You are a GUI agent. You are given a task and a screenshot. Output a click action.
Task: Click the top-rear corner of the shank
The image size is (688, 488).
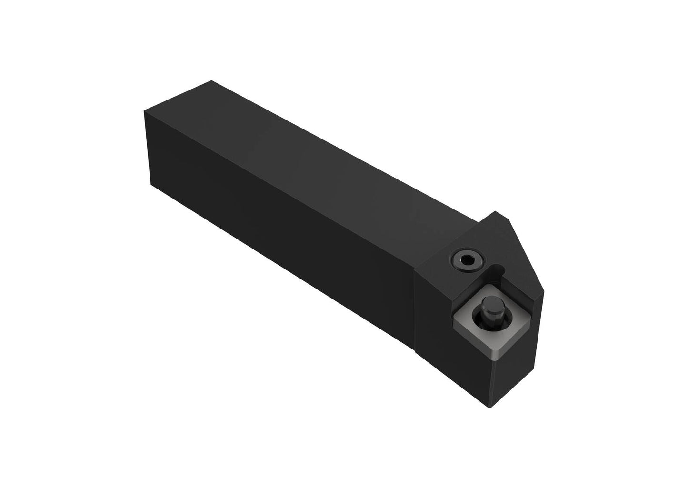coord(210,81)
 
